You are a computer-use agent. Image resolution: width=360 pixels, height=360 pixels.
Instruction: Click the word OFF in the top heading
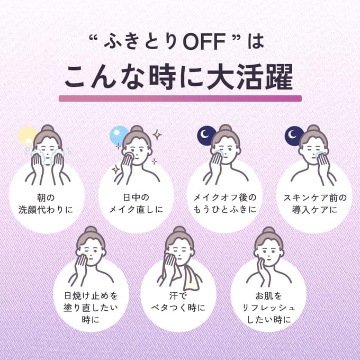[x=204, y=42]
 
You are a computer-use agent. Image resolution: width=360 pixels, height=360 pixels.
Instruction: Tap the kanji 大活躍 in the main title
[x=250, y=77]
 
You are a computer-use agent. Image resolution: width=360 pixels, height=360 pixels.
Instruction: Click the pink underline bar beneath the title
[x=180, y=98]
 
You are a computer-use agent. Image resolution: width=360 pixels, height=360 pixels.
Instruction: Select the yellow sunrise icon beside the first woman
[x=28, y=136]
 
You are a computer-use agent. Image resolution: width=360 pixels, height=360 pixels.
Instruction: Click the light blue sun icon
[x=118, y=136]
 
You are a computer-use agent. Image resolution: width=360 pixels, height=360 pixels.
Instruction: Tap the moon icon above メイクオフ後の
[x=205, y=136]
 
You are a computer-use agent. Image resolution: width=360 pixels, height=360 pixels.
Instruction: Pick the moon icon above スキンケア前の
[x=293, y=136]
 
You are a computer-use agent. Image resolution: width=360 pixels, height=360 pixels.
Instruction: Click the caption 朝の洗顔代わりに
[x=46, y=204]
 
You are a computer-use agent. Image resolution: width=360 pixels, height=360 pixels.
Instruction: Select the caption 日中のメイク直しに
[x=136, y=204]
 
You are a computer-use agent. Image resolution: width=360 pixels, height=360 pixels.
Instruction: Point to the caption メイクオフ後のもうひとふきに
[x=224, y=204]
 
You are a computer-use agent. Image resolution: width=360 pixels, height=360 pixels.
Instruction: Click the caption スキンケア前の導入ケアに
[x=315, y=204]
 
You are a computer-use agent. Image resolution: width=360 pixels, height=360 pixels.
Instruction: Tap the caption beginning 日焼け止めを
[x=91, y=308]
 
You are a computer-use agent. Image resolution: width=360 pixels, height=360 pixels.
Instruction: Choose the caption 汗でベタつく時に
[x=178, y=302]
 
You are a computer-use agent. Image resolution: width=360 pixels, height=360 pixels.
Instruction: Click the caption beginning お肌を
[x=268, y=308]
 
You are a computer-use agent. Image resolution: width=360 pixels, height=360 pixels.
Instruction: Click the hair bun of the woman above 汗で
[x=179, y=230]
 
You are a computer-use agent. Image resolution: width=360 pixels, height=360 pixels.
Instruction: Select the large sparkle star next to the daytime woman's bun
[x=157, y=134]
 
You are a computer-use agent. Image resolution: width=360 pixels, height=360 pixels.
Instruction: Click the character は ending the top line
[x=256, y=42]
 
